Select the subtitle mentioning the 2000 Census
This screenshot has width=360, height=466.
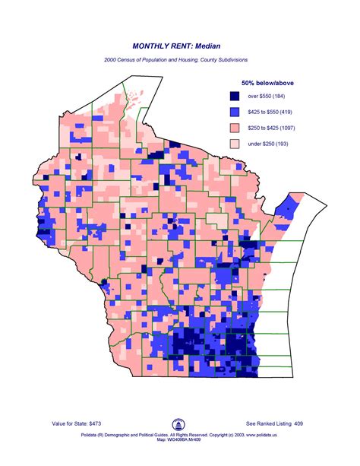pyautogui.click(x=179, y=59)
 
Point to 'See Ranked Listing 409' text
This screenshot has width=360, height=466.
pyautogui.click(x=274, y=423)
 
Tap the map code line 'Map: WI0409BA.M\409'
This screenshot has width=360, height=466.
pyautogui.click(x=179, y=445)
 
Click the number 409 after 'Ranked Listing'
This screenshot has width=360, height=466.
pyautogui.click(x=298, y=423)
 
